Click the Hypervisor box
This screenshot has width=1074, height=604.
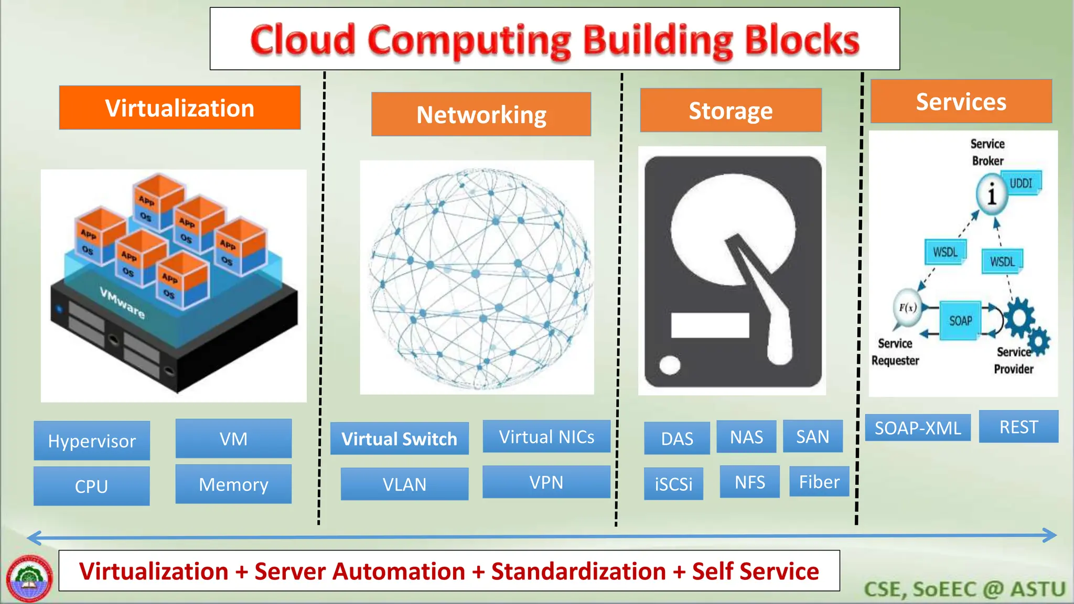(92, 440)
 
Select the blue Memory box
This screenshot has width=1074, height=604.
(233, 484)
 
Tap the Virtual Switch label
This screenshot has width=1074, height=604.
(399, 438)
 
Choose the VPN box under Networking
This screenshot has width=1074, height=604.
(546, 482)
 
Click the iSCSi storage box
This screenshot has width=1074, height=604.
(673, 483)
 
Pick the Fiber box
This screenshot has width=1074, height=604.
(819, 481)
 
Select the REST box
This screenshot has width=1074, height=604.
(1018, 427)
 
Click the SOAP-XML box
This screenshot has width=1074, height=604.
(917, 428)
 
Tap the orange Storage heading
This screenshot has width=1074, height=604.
(731, 110)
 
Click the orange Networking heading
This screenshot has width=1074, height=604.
(481, 114)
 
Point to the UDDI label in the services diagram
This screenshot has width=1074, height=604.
(1021, 184)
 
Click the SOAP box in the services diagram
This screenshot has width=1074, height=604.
(960, 320)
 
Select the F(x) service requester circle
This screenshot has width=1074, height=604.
(907, 308)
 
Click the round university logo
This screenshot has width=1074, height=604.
(29, 578)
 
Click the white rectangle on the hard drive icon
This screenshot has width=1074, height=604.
(710, 325)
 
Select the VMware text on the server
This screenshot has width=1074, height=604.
(122, 303)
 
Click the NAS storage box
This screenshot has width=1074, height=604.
(746, 436)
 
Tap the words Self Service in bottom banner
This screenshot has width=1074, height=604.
(755, 571)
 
